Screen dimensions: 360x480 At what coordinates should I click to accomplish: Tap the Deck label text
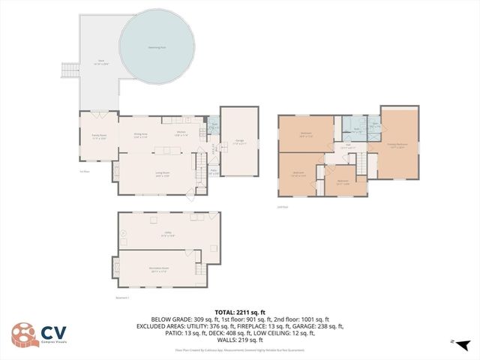[x=100, y=62]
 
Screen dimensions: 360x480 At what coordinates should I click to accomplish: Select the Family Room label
[x=98, y=136]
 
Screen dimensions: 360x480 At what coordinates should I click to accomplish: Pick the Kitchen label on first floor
[x=181, y=133]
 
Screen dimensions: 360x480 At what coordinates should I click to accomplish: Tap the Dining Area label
[x=140, y=136]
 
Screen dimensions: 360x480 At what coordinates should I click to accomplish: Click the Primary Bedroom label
[x=397, y=145]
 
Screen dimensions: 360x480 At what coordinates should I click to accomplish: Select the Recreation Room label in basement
[x=159, y=271]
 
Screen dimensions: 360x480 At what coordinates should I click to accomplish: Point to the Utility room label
[x=168, y=234]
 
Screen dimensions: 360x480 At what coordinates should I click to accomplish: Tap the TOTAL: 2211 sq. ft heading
[x=239, y=311]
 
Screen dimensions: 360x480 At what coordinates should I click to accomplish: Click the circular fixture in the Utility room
[x=124, y=234]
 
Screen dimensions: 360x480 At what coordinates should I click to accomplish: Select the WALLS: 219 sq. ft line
[x=239, y=341]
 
